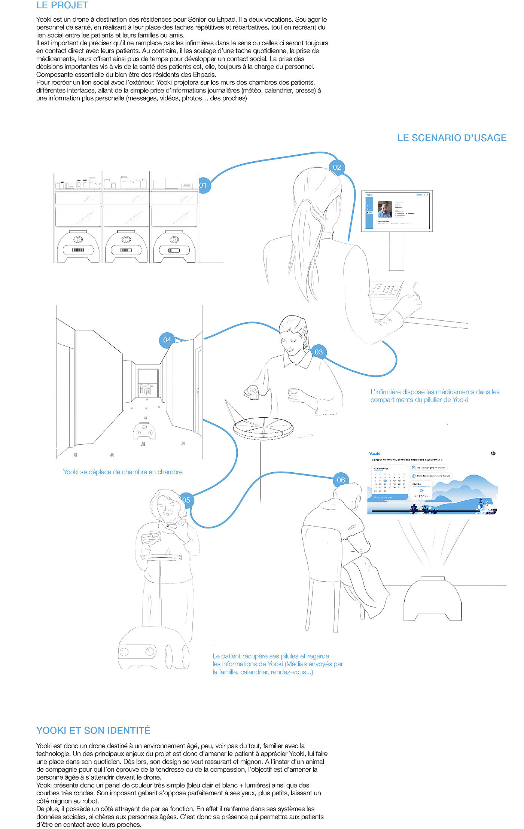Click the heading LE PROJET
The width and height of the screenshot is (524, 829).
[62, 5]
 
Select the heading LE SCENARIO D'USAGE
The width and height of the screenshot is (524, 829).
[451, 138]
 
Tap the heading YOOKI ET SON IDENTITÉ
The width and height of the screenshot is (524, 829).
[93, 730]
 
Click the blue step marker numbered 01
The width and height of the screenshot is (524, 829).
[204, 185]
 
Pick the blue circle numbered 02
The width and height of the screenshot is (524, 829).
[337, 167]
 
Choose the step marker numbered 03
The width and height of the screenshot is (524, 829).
[319, 352]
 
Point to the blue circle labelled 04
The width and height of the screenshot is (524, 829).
[167, 340]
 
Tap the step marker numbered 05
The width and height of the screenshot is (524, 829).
[186, 500]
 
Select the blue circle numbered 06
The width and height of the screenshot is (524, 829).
[341, 480]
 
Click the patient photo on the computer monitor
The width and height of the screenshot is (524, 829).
[385, 210]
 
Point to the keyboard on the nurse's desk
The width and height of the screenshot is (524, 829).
[386, 290]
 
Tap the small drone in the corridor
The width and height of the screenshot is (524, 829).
[144, 430]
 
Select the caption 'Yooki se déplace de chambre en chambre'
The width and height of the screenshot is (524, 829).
[123, 472]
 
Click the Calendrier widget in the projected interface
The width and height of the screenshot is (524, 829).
[389, 483]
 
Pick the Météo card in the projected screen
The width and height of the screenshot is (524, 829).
[421, 490]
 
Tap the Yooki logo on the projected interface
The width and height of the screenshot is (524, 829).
[374, 454]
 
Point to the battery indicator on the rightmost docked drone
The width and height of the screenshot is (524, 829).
[174, 250]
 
